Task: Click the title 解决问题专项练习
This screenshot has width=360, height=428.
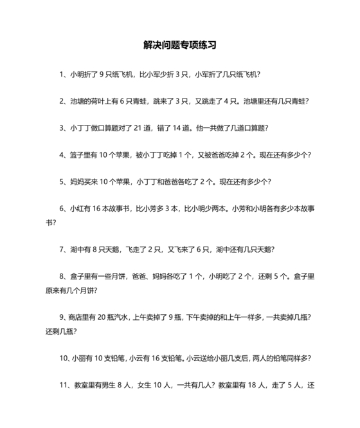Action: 180,46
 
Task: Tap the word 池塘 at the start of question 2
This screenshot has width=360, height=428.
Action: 79,101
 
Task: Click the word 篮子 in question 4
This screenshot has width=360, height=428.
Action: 78,155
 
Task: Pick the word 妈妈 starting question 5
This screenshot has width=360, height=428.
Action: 78,182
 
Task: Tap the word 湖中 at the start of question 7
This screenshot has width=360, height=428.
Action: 78,250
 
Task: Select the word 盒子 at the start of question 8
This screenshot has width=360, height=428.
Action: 78,277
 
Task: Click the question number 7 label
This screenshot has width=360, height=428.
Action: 61,250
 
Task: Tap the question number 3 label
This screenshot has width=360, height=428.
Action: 61,128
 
